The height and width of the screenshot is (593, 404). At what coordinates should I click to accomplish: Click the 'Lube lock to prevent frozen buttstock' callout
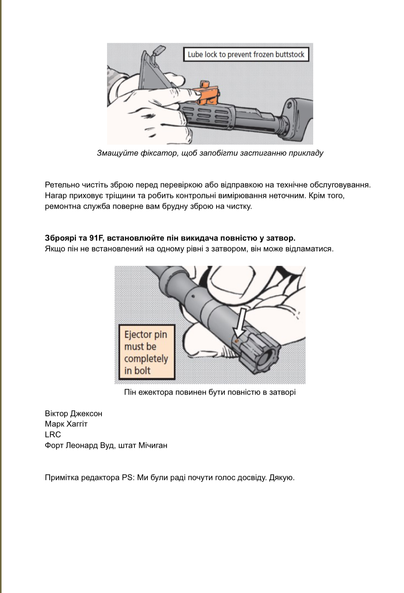pos(246,55)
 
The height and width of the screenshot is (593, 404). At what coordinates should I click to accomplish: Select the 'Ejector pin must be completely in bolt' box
pos(146,352)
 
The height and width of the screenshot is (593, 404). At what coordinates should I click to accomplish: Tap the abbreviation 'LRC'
pos(53,435)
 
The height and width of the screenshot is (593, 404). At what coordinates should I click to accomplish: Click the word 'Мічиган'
pos(153,445)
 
